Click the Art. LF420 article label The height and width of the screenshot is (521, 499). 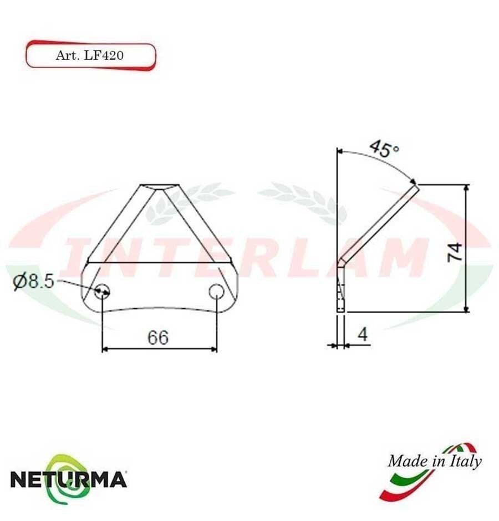click(90, 55)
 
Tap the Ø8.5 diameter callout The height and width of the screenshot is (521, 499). click(33, 282)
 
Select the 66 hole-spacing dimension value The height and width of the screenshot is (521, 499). click(157, 337)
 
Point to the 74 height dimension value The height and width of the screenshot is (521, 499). click(455, 252)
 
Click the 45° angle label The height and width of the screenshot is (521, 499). click(384, 149)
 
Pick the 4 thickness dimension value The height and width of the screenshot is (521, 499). click(363, 334)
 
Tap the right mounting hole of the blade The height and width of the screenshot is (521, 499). click(216, 290)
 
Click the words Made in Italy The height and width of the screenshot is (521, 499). click(434, 461)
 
